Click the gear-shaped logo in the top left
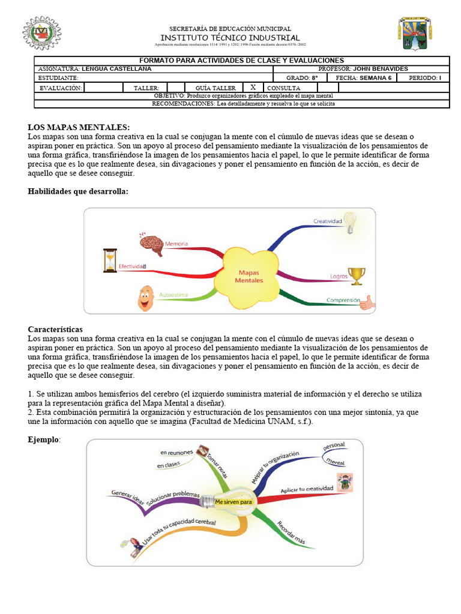tap(41, 33)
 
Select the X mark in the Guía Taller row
tap(253, 87)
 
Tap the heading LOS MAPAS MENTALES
tap(79, 127)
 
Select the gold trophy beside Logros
tap(357, 275)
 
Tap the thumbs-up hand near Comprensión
tap(367, 302)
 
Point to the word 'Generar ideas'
tap(128, 495)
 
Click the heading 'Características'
tap(55, 330)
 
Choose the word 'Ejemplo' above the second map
tap(44, 440)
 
